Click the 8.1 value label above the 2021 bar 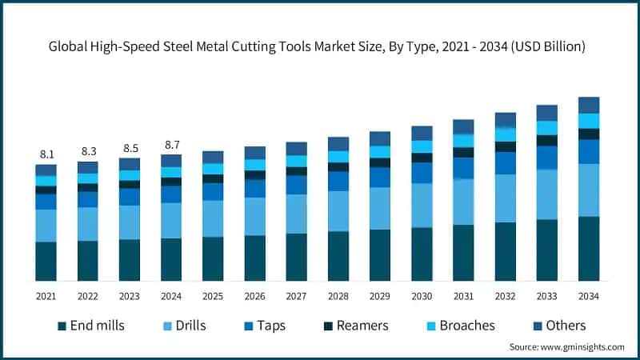coord(46,154)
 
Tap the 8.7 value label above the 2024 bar coord(170,145)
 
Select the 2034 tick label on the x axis coord(589,296)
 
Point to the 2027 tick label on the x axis coord(296,296)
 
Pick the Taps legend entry coord(263,326)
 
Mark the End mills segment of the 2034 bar coord(589,249)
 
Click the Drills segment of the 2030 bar coord(422,206)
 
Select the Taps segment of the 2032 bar coord(505,163)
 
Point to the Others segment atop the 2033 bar coord(546,112)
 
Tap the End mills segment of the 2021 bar coord(46,262)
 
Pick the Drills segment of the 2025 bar coord(213,218)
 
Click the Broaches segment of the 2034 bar coord(589,121)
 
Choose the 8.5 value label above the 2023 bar coord(129,148)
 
